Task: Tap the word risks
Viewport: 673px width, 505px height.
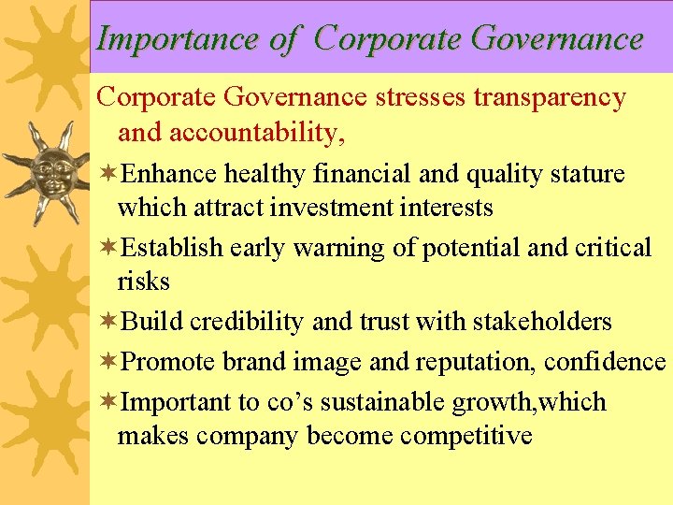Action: (x=143, y=281)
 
